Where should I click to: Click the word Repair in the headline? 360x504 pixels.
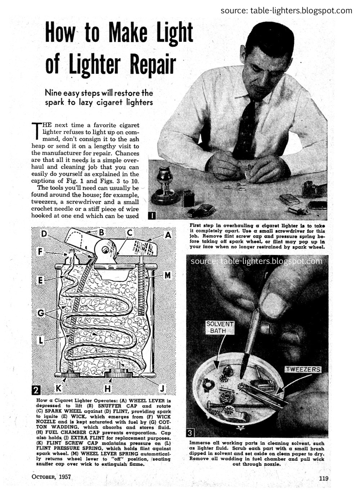[x=153, y=65]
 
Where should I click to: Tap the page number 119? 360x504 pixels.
[x=323, y=478]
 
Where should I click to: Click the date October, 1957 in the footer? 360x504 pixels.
[x=51, y=477]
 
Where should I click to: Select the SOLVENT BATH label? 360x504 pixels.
[x=220, y=327]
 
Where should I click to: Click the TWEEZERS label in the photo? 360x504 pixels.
[x=302, y=369]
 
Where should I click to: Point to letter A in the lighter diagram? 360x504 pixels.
[x=168, y=235]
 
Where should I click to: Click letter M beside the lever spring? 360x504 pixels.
[x=167, y=275]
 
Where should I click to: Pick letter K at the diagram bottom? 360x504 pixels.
[x=58, y=388]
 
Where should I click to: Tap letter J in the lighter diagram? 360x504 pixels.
[x=162, y=388]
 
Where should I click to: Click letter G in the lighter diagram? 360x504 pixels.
[x=41, y=313]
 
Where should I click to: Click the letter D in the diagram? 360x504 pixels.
[x=44, y=234]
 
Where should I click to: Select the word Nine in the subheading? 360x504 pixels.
[x=53, y=93]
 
